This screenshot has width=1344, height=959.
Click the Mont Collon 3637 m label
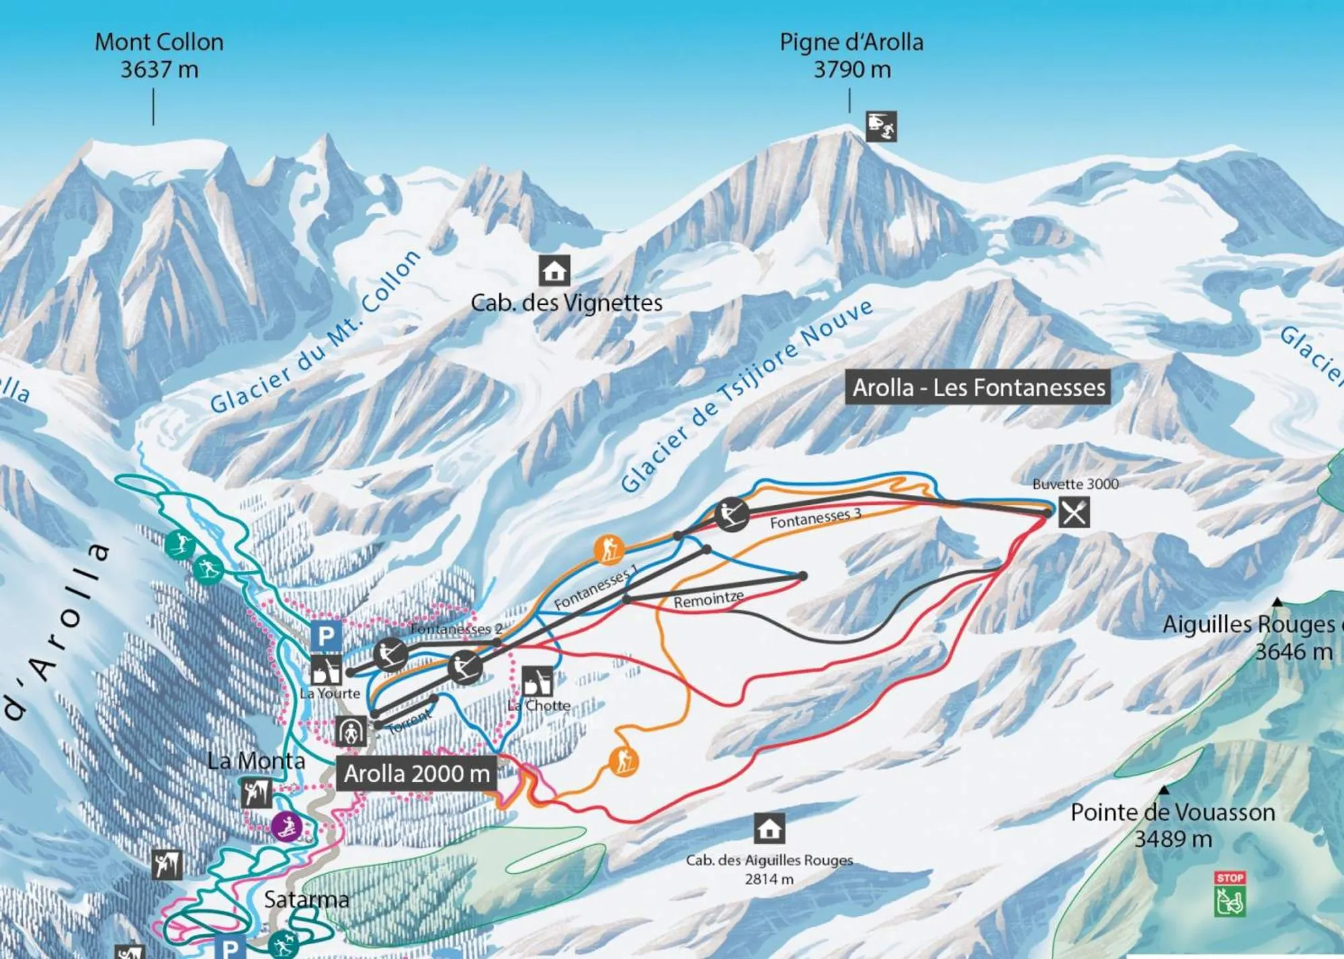(x=159, y=55)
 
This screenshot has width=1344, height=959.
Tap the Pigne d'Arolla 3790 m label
(x=851, y=55)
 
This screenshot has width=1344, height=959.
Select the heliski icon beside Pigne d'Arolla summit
(x=880, y=126)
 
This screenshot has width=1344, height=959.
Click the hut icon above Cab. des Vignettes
(x=554, y=271)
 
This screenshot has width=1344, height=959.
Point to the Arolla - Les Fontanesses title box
(x=978, y=387)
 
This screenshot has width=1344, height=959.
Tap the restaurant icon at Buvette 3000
(x=1074, y=513)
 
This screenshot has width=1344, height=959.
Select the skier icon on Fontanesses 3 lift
(x=731, y=515)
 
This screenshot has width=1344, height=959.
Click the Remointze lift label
(x=708, y=600)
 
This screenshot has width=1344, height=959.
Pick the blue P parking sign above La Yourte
(x=326, y=635)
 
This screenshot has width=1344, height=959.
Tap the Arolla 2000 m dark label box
(x=417, y=774)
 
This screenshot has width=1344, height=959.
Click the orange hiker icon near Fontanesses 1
(x=609, y=549)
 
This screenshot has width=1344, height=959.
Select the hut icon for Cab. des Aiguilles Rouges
(x=769, y=829)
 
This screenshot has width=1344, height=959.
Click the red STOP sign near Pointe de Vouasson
(x=1230, y=878)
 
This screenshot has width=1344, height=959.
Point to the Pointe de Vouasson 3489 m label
(x=1173, y=825)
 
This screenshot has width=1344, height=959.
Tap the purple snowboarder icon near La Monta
(x=286, y=826)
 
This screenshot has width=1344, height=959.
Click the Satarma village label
(x=306, y=899)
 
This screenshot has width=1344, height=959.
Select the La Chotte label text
(x=538, y=706)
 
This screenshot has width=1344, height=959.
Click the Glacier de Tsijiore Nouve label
(x=746, y=396)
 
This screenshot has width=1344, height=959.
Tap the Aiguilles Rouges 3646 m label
(x=1250, y=637)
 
